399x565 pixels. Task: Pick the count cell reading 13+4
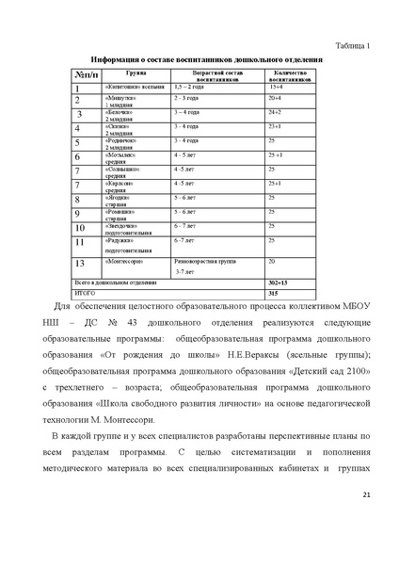[275, 86]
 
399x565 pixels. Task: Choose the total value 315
[274, 294]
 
